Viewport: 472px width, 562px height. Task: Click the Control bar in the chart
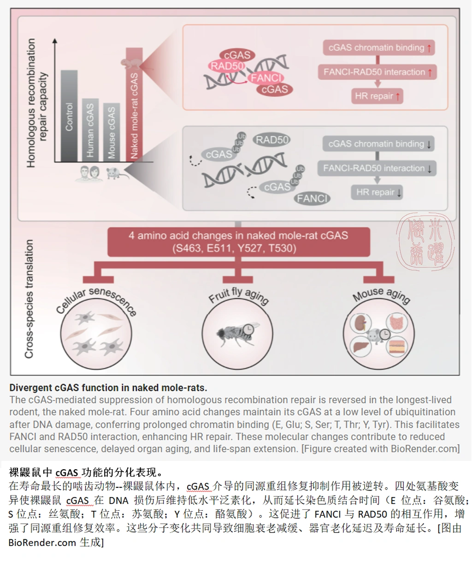pos(69,116)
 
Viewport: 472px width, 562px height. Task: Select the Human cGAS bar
pos(90,130)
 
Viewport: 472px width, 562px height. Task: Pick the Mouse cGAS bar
pos(111,132)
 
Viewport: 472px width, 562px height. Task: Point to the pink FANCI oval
pos(266,78)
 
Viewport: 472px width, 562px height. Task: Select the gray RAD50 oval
pos(272,140)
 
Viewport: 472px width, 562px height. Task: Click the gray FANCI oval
pos(313,199)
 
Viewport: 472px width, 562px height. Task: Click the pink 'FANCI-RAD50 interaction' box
pos(377,72)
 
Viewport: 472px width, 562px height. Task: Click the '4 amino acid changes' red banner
pos(238,242)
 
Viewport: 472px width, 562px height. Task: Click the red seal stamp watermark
pos(421,241)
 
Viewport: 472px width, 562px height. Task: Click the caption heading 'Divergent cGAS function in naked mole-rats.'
pos(108,388)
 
